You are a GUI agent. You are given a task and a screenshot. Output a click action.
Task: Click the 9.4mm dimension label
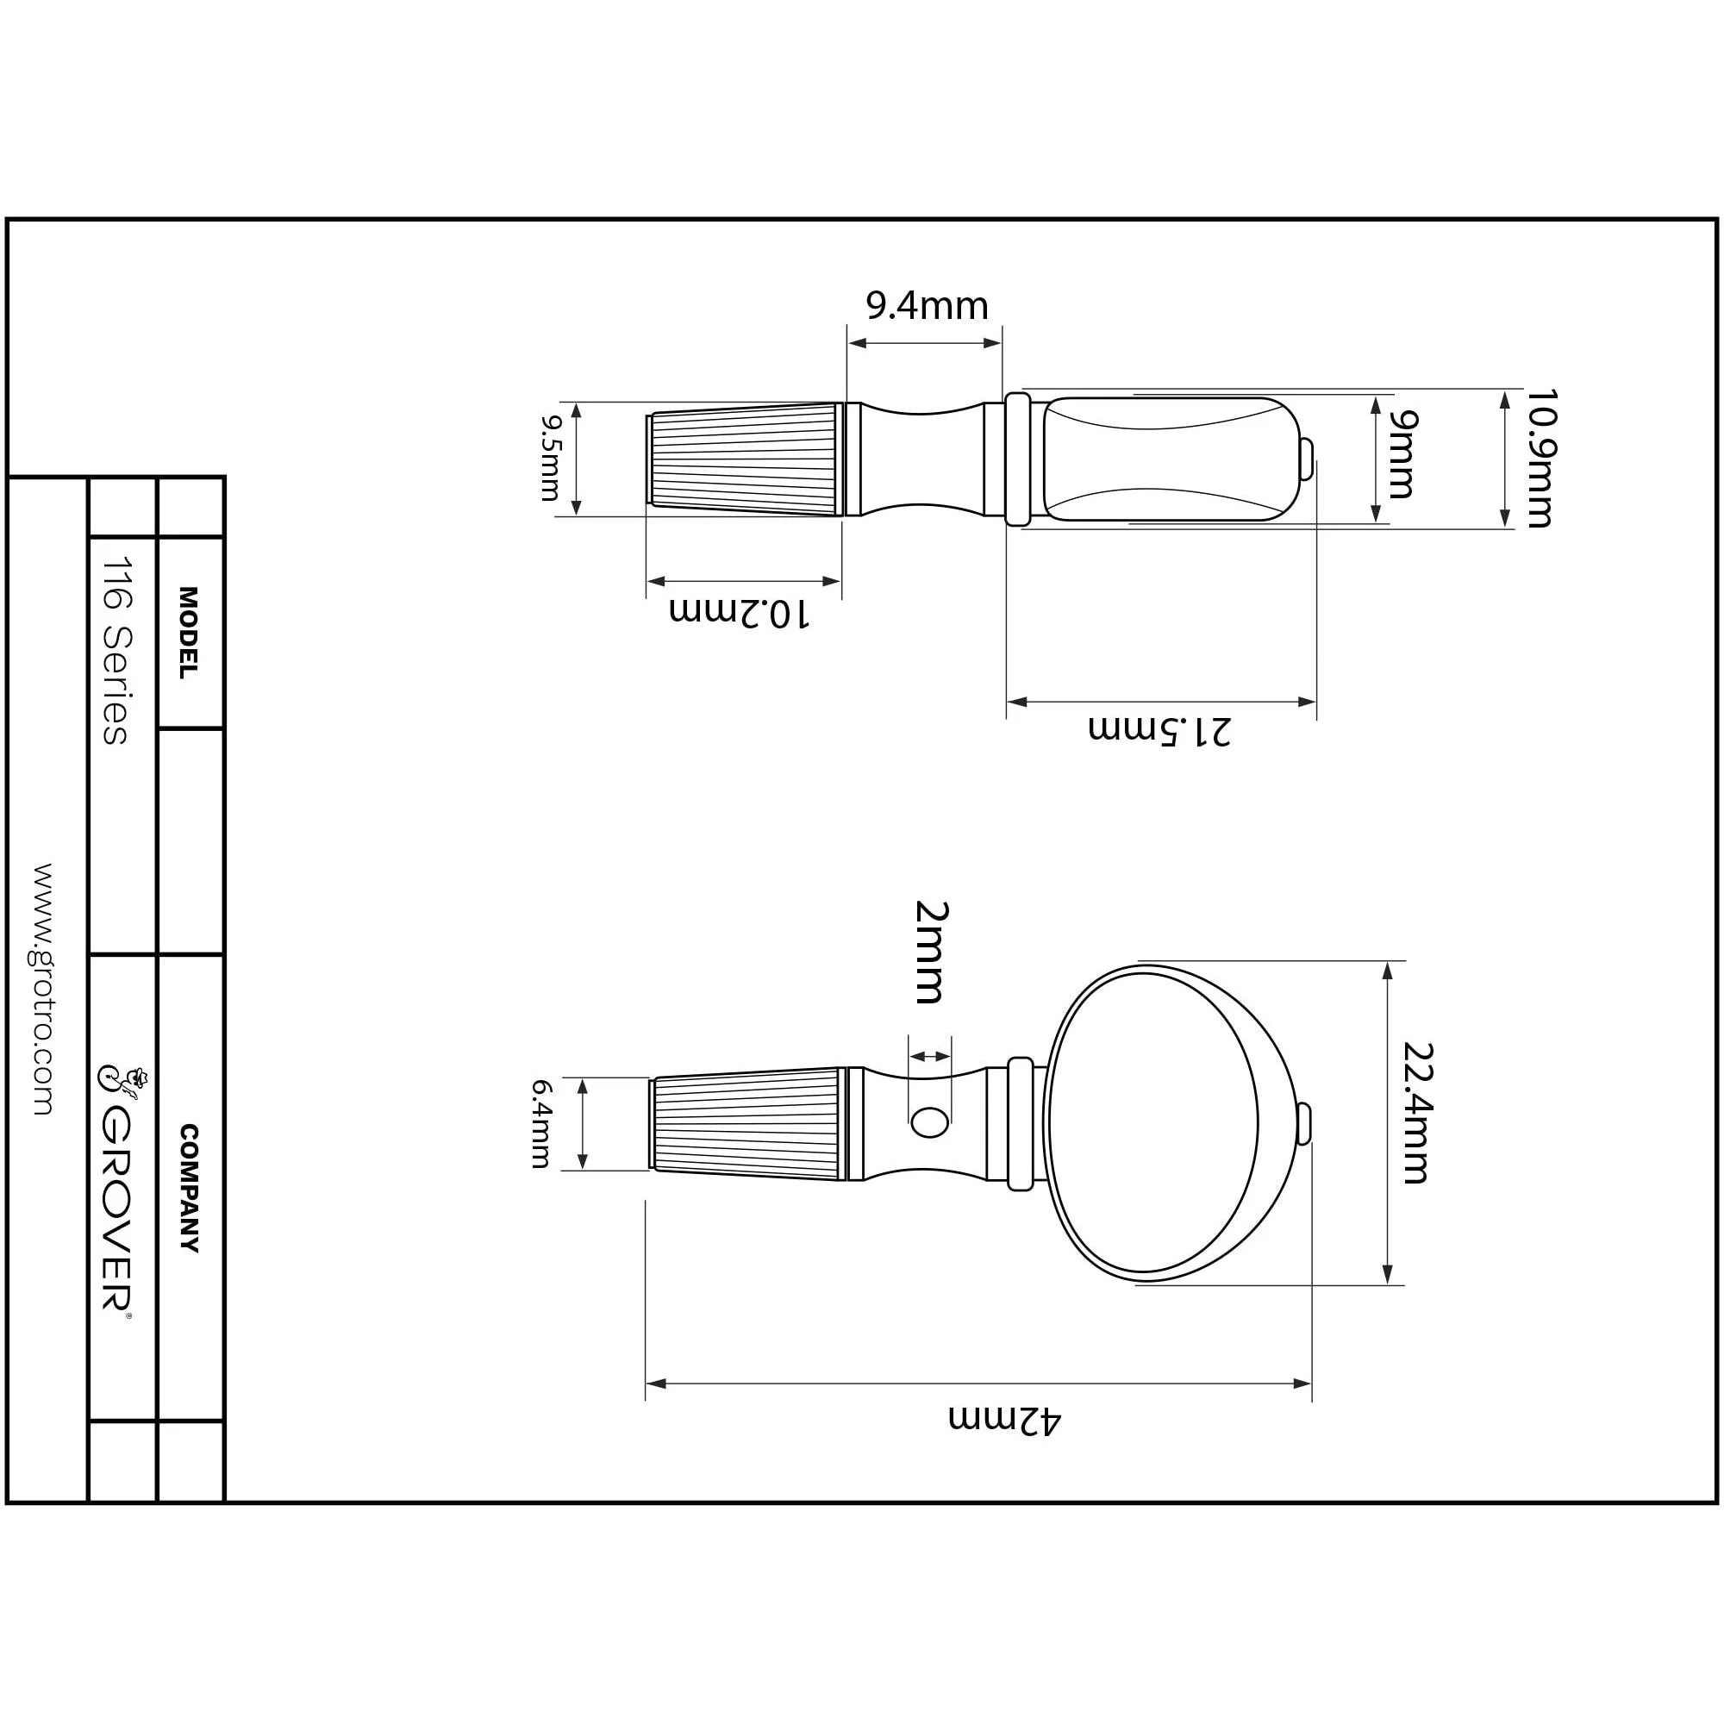tap(928, 306)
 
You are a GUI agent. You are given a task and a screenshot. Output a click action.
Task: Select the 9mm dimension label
tap(1402, 454)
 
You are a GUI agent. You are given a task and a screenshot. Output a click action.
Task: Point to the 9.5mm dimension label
tap(551, 458)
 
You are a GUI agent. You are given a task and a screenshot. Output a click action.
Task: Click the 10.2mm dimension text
tap(740, 614)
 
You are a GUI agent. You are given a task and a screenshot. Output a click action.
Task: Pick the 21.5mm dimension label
tap(1159, 730)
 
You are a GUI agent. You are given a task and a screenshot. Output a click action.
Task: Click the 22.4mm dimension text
tap(1416, 1113)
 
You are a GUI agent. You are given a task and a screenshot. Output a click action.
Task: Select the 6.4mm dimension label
tap(540, 1124)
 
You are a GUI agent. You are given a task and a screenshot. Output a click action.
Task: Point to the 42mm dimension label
tap(1005, 1420)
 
